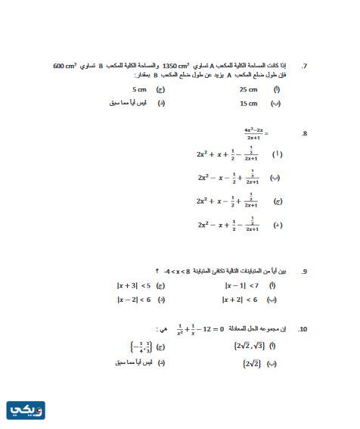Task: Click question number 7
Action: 304,66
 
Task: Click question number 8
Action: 304,134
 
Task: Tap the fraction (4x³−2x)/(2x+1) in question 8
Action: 254,134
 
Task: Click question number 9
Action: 304,271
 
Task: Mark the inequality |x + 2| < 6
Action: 241,300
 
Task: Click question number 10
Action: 303,329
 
